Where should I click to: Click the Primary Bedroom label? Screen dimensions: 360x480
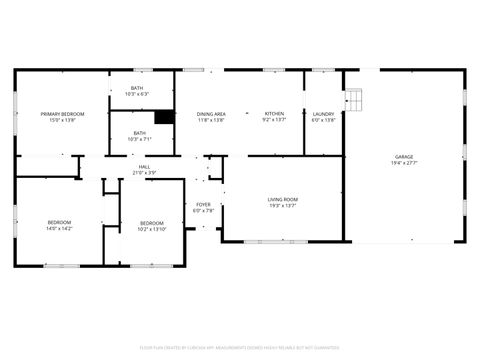pos(62,114)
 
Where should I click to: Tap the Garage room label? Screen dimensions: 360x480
pos(404,157)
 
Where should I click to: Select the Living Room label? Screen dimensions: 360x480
pos(282,200)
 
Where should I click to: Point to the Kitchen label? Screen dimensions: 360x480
pos(274,114)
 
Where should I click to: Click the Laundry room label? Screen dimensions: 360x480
pos(323,114)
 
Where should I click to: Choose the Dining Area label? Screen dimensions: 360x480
pos(210,114)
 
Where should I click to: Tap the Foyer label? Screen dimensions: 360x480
pos(202,205)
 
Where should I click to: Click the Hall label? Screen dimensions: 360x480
pos(144,167)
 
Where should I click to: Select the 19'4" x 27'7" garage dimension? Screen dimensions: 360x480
pos(404,163)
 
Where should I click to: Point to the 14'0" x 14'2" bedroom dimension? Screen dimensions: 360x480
pos(59,228)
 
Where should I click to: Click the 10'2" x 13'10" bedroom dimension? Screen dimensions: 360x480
pos(151,228)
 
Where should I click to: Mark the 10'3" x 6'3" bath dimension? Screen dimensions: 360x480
pos(138,94)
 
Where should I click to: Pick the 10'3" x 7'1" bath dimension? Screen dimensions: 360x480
pos(139,139)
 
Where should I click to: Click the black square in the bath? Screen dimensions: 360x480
pos(164,116)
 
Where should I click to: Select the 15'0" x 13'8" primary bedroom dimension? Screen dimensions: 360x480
pos(62,120)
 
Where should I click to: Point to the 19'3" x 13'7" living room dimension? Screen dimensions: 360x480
pos(282,206)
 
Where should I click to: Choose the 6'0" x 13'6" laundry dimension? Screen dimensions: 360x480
pos(323,120)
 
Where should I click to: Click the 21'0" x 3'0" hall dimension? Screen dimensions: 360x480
pos(144,173)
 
